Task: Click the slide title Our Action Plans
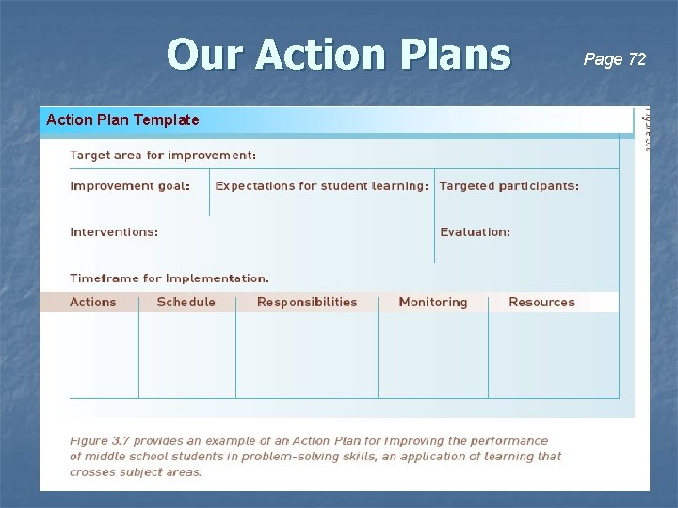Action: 338,55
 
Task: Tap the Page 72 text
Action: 615,59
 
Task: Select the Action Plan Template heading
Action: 122,119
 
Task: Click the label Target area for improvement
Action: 163,154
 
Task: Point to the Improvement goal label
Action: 130,186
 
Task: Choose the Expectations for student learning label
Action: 321,186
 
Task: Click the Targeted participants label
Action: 508,186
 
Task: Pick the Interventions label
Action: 114,231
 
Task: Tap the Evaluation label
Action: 475,231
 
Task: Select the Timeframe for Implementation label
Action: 169,278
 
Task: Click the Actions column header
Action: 93,302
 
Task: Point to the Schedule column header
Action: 186,302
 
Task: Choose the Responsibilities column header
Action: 307,302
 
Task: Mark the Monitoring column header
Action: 432,302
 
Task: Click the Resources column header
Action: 541,302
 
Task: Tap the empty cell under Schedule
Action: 186,355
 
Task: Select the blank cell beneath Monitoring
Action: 432,355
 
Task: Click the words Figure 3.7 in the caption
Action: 101,440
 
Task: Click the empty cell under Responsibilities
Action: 306,355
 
